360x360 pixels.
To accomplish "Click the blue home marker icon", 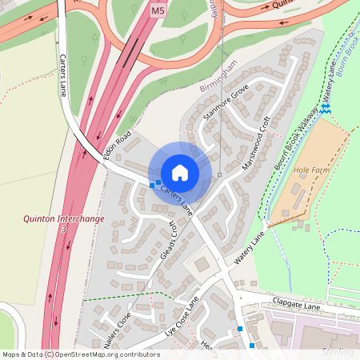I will pyautogui.click(x=180, y=173).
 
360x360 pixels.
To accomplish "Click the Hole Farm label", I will pyautogui.click(x=311, y=170).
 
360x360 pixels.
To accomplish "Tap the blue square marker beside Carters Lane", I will pyautogui.click(x=152, y=185).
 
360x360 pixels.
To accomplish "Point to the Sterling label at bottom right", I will pyautogui.click(x=337, y=351).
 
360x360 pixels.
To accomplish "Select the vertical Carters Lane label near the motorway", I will pyautogui.click(x=63, y=76).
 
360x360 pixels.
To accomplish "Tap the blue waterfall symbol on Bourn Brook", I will pyautogui.click(x=325, y=108).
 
